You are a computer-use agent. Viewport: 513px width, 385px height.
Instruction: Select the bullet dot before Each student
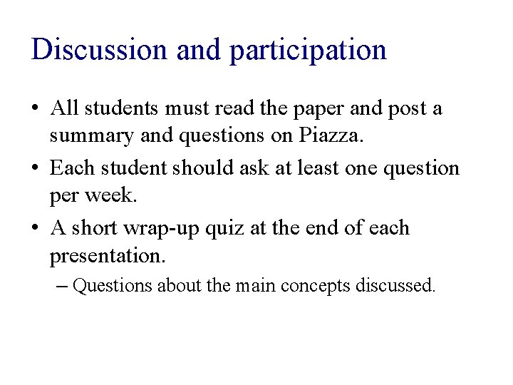pos(36,170)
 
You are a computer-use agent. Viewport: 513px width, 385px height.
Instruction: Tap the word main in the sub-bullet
pos(256,286)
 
